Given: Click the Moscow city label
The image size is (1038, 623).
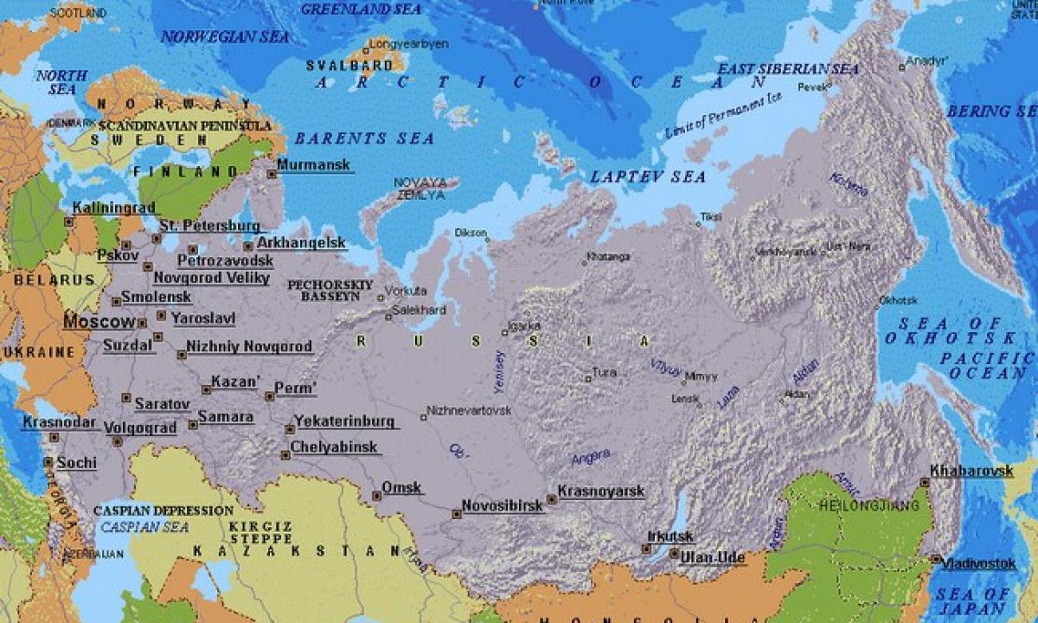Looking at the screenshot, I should (99, 322).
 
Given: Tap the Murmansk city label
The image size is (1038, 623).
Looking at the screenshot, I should (314, 164).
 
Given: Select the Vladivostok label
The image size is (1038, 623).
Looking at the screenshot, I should (978, 562).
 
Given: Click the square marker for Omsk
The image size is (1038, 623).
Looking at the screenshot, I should (376, 496).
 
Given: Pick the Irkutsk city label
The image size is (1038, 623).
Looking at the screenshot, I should (670, 537).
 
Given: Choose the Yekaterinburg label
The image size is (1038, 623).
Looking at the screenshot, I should (345, 421).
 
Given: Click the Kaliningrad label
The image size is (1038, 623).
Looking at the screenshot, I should (113, 208).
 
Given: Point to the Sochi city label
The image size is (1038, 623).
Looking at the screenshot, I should (76, 463).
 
